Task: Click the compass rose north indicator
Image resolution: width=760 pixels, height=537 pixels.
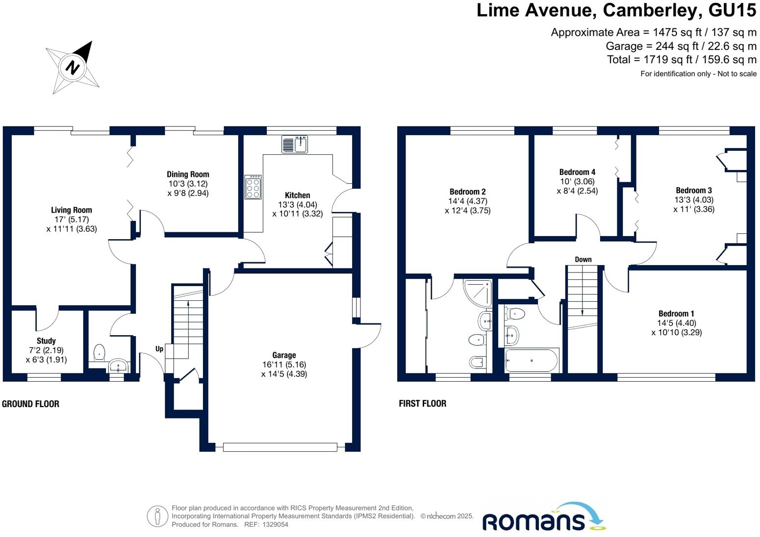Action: coord(73,67)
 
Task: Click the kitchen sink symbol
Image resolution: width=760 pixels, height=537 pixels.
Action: coord(295,145)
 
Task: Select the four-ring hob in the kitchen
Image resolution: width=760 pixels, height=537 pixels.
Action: coord(253,187)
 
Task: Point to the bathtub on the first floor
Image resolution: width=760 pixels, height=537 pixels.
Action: coord(532,361)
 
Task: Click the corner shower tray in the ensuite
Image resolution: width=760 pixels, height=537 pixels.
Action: coord(478,293)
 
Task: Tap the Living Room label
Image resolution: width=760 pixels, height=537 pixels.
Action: coord(72,210)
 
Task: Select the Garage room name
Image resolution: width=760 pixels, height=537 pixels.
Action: coord(284,355)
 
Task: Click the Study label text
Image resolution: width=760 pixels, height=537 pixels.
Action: coord(46,341)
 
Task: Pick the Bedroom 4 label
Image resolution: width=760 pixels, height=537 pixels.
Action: coord(577,172)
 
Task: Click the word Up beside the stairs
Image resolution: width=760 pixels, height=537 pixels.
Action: coord(159,349)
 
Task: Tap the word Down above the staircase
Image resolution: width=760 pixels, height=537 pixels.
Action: coord(583,260)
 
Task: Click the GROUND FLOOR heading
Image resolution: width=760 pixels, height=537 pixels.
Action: coord(30,404)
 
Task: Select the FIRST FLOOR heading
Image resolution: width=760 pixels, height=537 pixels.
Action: coord(422,404)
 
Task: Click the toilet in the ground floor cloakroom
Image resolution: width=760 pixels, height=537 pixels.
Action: coord(99,352)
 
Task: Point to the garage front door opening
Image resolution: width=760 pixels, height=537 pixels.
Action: coord(279,447)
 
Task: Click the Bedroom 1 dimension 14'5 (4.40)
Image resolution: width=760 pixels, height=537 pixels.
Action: coord(676,323)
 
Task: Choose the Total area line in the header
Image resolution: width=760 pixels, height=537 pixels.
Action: coord(682,60)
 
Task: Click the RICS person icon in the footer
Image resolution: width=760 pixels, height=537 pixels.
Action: coord(157,516)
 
